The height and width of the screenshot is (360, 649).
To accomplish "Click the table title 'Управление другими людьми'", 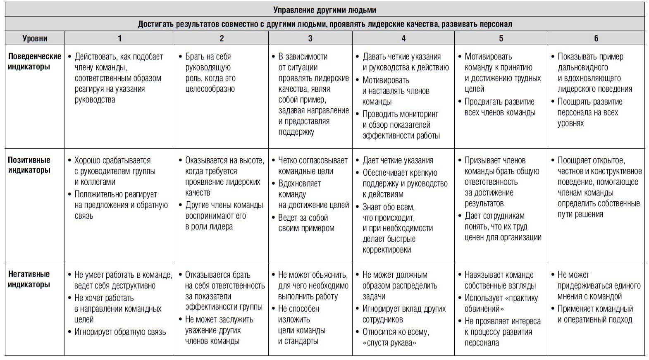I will pyautogui.click(x=324, y=10).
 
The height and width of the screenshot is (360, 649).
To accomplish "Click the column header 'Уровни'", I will pyautogui.click(x=35, y=38).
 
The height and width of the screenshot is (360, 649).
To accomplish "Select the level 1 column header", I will pyautogui.click(x=119, y=38).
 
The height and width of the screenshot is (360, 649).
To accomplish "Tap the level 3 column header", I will pyautogui.click(x=310, y=38).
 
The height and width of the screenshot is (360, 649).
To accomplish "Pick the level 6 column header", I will pyautogui.click(x=596, y=38).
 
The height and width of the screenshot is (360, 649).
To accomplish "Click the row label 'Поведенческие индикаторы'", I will pyautogui.click(x=35, y=62).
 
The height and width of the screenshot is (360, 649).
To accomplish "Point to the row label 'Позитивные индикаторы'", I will pyautogui.click(x=29, y=165).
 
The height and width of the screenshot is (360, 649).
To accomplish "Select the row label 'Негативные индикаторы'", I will pyautogui.click(x=29, y=279).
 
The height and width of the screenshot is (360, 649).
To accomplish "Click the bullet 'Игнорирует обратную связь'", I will pyautogui.click(x=120, y=332).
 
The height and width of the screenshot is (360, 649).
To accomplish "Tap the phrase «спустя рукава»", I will pyautogui.click(x=389, y=343).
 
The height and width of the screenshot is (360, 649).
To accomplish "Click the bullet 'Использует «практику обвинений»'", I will pyautogui.click(x=501, y=303).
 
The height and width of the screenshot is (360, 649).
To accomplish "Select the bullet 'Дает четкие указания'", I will pyautogui.click(x=398, y=160).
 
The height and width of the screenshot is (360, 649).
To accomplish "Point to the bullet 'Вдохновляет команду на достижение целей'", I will pyautogui.click(x=313, y=194).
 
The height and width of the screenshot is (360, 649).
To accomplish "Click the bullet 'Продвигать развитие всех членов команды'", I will pyautogui.click(x=499, y=107).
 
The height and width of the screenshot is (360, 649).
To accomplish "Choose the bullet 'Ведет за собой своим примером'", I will pyautogui.click(x=306, y=223).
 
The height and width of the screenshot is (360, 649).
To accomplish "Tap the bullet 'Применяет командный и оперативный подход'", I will pyautogui.click(x=595, y=314).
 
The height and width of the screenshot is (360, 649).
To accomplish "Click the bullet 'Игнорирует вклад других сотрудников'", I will pyautogui.click(x=404, y=314).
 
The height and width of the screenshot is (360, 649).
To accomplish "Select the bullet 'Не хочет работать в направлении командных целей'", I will pyautogui.click(x=117, y=309).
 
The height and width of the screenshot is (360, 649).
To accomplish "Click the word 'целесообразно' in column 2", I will pyautogui.click(x=210, y=89).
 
